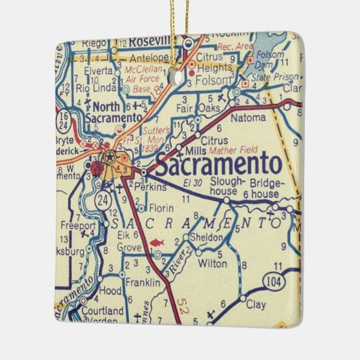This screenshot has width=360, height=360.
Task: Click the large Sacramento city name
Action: point(217,164)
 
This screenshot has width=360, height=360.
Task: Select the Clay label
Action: point(255,305)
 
